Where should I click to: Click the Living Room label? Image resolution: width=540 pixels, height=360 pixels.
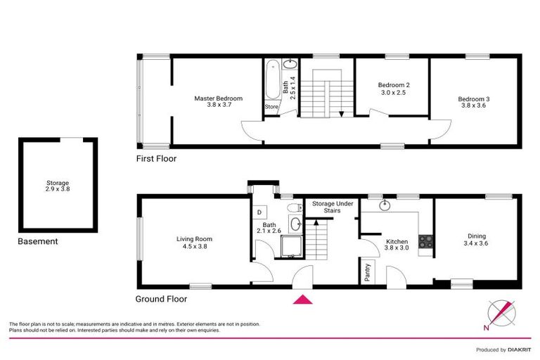click(194, 243)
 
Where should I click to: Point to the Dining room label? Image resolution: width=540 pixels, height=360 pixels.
click(477, 240)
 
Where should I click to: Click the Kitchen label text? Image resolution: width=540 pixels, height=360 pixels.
click(397, 244)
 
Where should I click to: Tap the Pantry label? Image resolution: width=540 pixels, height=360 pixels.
click(368, 272)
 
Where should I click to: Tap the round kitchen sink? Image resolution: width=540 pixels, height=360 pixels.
click(385, 206)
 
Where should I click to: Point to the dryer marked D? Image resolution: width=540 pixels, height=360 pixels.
click(259, 212)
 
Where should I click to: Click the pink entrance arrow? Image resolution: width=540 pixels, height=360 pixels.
click(302, 300)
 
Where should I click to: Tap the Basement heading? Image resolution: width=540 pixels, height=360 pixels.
click(38, 241)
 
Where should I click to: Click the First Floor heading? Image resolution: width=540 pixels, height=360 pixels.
click(156, 159)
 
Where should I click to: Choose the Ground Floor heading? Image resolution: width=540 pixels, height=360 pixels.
click(161, 299)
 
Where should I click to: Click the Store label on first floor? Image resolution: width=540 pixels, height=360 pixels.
click(271, 107)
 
